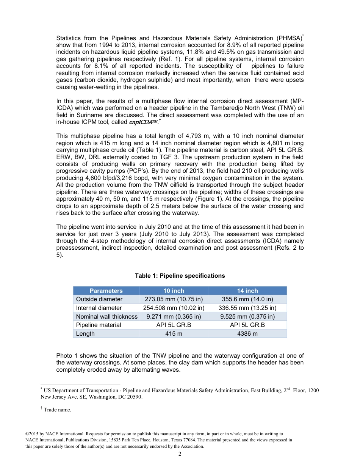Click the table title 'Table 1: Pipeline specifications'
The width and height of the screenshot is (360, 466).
(180, 276)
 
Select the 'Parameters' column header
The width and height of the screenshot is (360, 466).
(106, 291)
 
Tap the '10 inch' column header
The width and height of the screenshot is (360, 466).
(174, 291)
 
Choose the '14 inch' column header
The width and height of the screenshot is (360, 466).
(247, 291)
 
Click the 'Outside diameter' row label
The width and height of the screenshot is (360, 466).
(99, 299)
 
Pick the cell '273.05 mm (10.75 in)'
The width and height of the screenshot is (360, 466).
(174, 299)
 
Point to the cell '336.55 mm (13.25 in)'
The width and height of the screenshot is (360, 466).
(247, 308)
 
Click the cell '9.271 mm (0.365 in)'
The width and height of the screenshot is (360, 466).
(174, 317)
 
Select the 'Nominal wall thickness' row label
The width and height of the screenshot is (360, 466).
(107, 317)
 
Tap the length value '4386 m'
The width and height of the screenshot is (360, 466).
(247, 334)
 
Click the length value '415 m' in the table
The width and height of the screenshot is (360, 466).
(174, 334)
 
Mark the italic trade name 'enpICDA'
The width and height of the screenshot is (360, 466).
(144, 122)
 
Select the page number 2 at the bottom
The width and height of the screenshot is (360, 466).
(180, 455)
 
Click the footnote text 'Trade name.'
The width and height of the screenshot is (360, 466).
(57, 410)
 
